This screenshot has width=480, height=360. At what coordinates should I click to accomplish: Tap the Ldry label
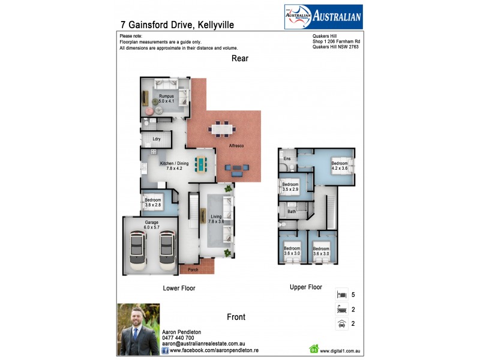[157, 139]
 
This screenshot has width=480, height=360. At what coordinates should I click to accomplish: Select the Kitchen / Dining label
[174, 166]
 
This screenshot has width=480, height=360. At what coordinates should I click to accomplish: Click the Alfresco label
[235, 146]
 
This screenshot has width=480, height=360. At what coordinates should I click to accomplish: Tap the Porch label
[193, 269]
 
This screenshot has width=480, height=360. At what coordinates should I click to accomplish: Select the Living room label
[216, 219]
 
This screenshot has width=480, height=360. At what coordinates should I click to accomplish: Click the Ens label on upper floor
[287, 158]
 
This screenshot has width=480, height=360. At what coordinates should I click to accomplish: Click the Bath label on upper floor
[292, 211]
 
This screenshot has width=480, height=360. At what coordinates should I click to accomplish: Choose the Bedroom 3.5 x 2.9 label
[290, 187]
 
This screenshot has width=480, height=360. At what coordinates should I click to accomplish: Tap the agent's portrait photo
[138, 329]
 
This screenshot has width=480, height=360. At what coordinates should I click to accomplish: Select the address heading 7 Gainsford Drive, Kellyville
[177, 25]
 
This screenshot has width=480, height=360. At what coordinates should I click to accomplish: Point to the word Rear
[240, 59]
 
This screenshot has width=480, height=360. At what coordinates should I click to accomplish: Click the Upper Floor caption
[306, 287]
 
